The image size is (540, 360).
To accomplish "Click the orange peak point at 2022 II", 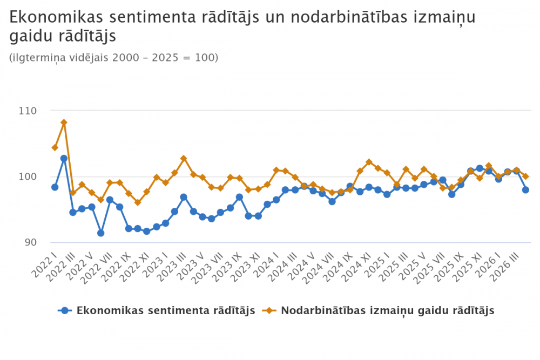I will (64, 123).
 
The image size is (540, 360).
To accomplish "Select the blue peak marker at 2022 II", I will (64, 158).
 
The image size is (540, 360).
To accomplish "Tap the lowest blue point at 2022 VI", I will (100, 233).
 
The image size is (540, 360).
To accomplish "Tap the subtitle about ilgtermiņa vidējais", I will (113, 57).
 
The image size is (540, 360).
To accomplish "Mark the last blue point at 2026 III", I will (525, 190).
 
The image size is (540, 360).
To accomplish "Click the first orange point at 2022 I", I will (55, 147).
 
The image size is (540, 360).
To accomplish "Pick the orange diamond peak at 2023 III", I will (184, 158).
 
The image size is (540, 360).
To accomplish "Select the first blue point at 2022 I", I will (55, 187).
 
